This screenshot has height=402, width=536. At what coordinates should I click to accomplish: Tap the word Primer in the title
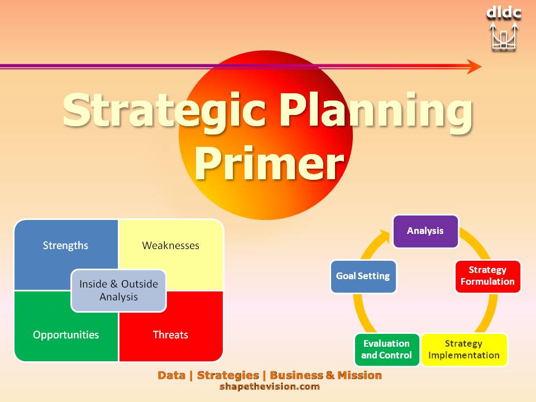pos(269,163)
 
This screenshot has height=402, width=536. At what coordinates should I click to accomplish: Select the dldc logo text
pos(504,13)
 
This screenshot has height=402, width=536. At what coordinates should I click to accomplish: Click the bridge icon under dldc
pos(504,37)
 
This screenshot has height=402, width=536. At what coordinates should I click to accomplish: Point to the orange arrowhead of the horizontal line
pos(475,66)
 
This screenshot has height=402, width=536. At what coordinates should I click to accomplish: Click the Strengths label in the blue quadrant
pos(65,246)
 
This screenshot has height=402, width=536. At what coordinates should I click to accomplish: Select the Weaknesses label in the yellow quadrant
pos(171,245)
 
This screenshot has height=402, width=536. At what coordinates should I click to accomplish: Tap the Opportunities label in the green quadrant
pos(66,334)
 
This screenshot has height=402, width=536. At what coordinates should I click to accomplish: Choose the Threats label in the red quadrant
pos(170,334)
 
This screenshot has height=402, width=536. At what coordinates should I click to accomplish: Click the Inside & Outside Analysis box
pos(118,290)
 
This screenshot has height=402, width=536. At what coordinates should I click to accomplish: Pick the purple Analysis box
pos(425,231)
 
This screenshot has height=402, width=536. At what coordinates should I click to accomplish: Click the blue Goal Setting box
pos(363,276)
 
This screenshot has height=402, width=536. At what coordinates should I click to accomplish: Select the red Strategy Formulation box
pos(488,276)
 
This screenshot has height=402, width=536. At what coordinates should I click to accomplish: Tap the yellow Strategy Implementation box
pos(464,350)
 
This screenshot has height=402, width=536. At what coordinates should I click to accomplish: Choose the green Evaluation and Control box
pos(386,350)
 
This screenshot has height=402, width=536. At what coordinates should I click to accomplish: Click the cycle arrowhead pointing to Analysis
pos(385,236)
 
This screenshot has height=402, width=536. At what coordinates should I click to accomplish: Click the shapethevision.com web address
pos(269,386)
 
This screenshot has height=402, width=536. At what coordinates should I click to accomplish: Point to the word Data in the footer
pos(171,375)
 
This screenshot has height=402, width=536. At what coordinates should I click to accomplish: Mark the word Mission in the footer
pos(360,375)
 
